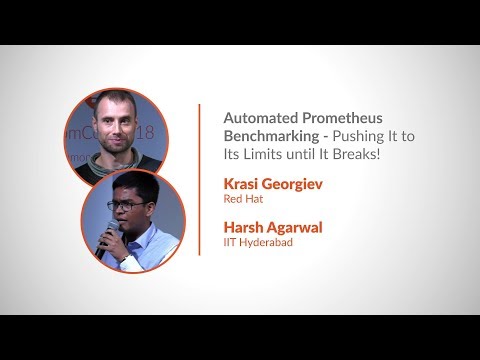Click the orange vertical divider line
[x=200, y=180]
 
